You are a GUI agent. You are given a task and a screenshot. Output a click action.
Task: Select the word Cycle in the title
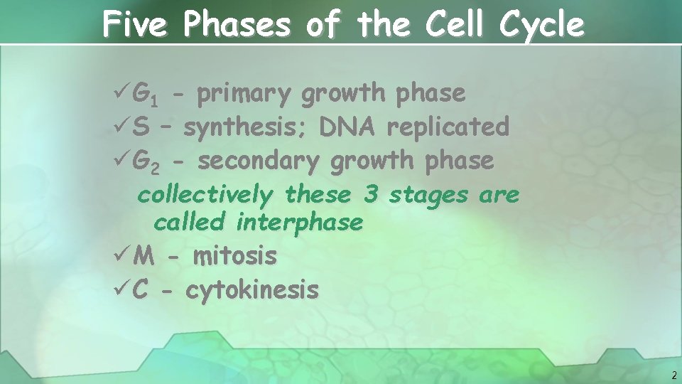(541, 25)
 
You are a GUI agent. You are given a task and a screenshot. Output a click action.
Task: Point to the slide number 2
(672, 375)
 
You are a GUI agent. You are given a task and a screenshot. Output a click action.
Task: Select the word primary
(244, 94)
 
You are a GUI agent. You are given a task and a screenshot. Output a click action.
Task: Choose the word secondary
(259, 162)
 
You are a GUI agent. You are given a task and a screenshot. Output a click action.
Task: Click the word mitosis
(234, 256)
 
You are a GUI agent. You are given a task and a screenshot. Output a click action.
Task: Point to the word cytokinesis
(252, 289)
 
